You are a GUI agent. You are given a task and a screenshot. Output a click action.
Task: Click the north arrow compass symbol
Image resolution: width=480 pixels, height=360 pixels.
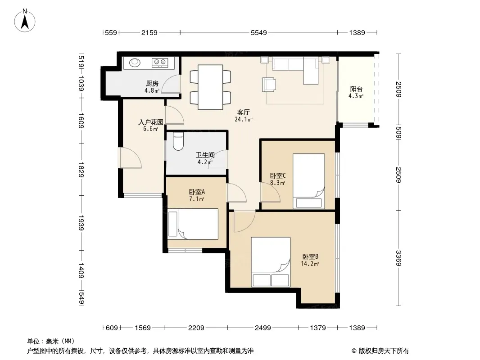25,21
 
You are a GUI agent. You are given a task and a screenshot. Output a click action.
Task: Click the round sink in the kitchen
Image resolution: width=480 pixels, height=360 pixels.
135,63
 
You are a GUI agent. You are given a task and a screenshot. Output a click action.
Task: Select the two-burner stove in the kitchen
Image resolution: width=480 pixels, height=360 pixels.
160,63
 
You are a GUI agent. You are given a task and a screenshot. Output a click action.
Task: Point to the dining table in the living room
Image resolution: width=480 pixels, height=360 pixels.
210,87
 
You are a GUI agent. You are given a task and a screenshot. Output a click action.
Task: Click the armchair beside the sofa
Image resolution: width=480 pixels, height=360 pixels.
269,85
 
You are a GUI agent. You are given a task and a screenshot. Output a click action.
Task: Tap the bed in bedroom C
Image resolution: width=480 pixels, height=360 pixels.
308,181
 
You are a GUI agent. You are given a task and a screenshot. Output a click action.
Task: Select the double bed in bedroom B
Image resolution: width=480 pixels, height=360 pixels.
271,262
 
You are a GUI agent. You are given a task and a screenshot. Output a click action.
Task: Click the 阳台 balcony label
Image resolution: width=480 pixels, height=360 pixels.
356,89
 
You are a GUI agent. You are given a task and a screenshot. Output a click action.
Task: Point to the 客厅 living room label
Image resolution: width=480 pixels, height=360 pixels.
243,112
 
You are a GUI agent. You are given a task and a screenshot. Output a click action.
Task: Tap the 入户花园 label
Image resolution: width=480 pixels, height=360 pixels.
150,122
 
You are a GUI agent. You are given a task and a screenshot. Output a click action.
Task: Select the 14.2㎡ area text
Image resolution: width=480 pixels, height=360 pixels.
310,264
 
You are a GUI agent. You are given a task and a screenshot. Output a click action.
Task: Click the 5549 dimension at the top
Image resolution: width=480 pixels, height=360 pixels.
258,32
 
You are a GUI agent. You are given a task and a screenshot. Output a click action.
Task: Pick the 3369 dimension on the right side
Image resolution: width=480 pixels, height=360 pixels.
398,258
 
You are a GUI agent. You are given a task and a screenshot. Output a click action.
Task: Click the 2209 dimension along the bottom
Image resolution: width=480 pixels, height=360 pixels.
196,328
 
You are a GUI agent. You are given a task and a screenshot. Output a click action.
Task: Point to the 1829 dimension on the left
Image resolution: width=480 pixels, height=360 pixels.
81,170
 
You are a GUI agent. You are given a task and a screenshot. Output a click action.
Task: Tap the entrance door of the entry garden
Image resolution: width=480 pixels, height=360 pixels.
131,158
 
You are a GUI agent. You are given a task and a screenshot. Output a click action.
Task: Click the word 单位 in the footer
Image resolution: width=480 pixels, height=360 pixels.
33,341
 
